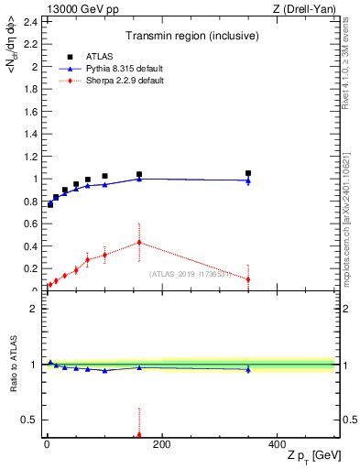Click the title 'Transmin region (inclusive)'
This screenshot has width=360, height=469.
pyautogui.click(x=190, y=37)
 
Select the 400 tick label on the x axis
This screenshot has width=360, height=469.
pyautogui.click(x=278, y=444)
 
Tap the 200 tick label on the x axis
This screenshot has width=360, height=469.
pyautogui.click(x=162, y=444)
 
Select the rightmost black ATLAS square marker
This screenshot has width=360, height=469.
pyautogui.click(x=248, y=173)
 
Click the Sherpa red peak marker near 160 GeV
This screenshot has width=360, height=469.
pyautogui.click(x=139, y=243)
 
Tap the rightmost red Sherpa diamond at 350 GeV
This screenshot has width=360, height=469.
pyautogui.click(x=248, y=279)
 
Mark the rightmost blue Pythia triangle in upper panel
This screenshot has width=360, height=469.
pyautogui.click(x=248, y=180)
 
